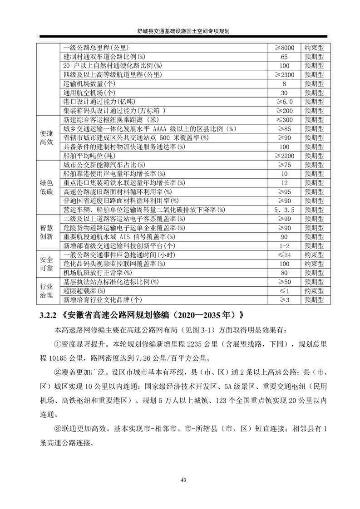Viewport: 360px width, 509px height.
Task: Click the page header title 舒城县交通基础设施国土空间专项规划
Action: coord(180,31)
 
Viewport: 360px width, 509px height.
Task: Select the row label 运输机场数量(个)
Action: coord(90,84)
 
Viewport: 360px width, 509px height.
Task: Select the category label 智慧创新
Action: coord(47,232)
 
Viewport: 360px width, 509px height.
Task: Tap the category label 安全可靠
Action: coord(47,264)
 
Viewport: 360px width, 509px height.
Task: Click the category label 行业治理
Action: coord(47,291)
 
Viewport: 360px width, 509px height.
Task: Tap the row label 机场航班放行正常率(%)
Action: coord(98,273)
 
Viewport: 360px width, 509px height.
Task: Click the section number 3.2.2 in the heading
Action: coord(47,315)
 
